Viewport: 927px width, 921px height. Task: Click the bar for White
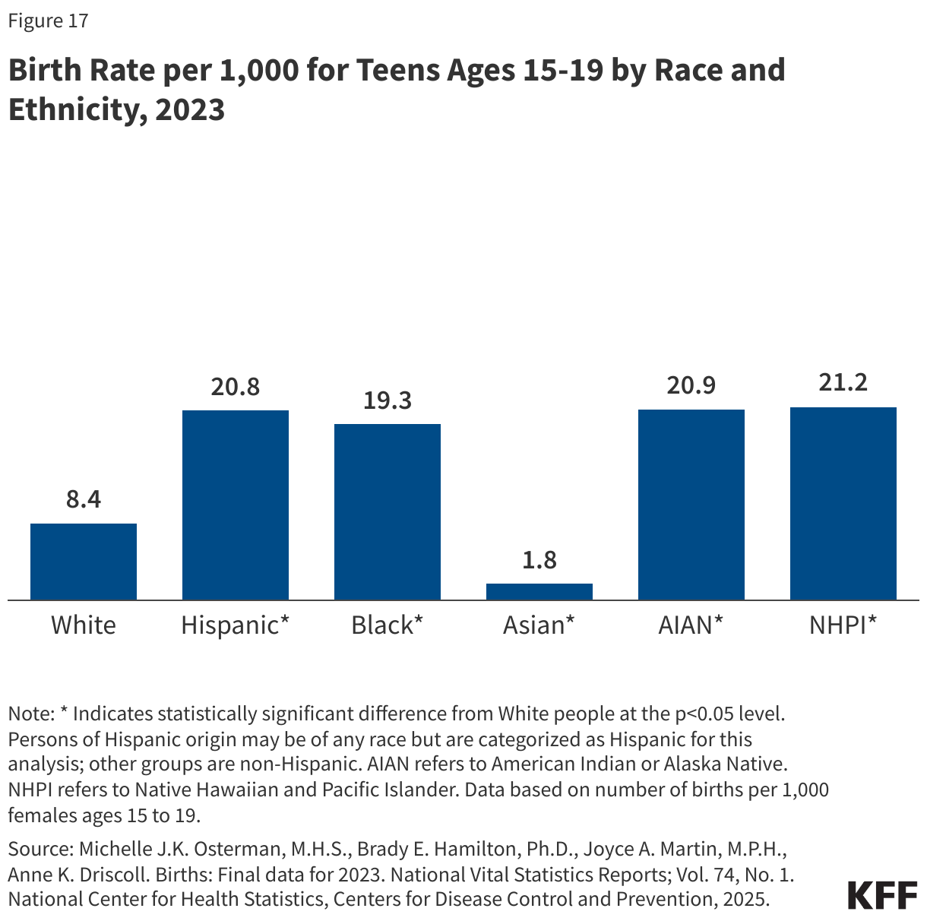84,562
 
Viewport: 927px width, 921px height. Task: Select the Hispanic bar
236,505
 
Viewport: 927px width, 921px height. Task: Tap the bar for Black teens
388,512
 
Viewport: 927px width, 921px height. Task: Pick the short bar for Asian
539,592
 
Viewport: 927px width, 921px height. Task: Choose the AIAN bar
691,505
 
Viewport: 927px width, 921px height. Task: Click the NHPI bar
843,504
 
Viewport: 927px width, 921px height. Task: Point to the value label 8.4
84,500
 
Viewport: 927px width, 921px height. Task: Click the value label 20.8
236,387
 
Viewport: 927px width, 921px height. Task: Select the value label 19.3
388,400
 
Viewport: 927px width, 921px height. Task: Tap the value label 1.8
539,560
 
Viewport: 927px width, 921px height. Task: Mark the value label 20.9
691,386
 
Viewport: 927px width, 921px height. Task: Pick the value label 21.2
843,383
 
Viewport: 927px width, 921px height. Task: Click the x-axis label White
84,625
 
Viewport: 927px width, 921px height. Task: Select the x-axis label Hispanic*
236,625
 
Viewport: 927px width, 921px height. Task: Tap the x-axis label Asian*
539,625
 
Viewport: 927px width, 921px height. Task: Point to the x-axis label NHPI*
843,625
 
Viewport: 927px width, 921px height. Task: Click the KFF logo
882,895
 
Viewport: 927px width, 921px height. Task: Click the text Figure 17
48,21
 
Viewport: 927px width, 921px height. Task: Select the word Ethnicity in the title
74,109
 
